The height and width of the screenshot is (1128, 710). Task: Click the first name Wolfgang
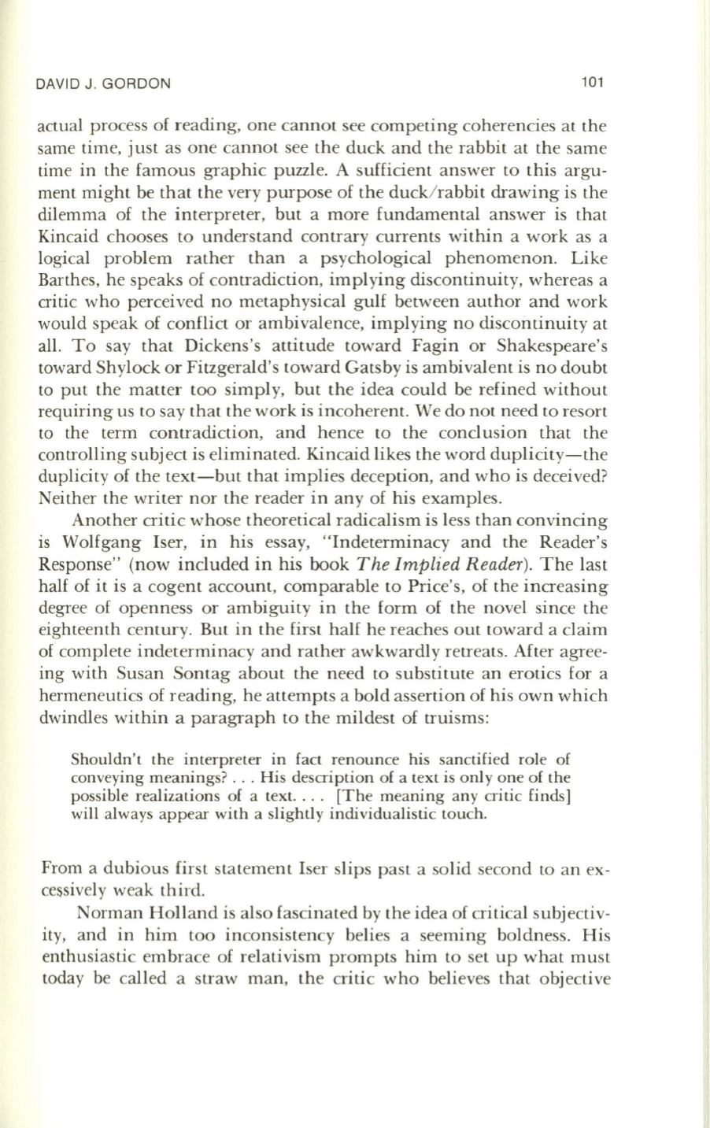(122, 542)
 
